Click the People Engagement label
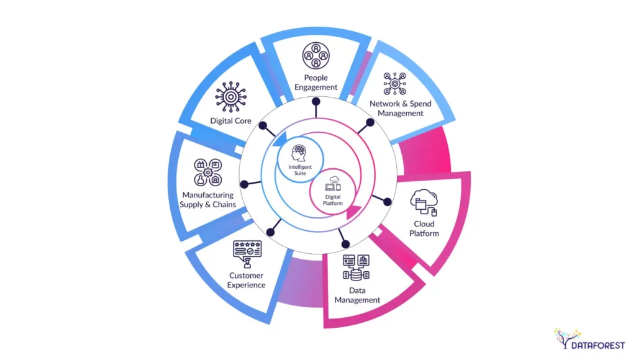316,83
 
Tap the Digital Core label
230,121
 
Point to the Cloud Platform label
426,228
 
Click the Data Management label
357,295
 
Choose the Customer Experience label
247,280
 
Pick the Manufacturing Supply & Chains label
208,200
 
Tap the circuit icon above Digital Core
230,97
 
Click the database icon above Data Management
356,267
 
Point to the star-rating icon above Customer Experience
247,252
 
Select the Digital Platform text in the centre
334,200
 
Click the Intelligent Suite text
301,171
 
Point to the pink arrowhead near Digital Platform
353,213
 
